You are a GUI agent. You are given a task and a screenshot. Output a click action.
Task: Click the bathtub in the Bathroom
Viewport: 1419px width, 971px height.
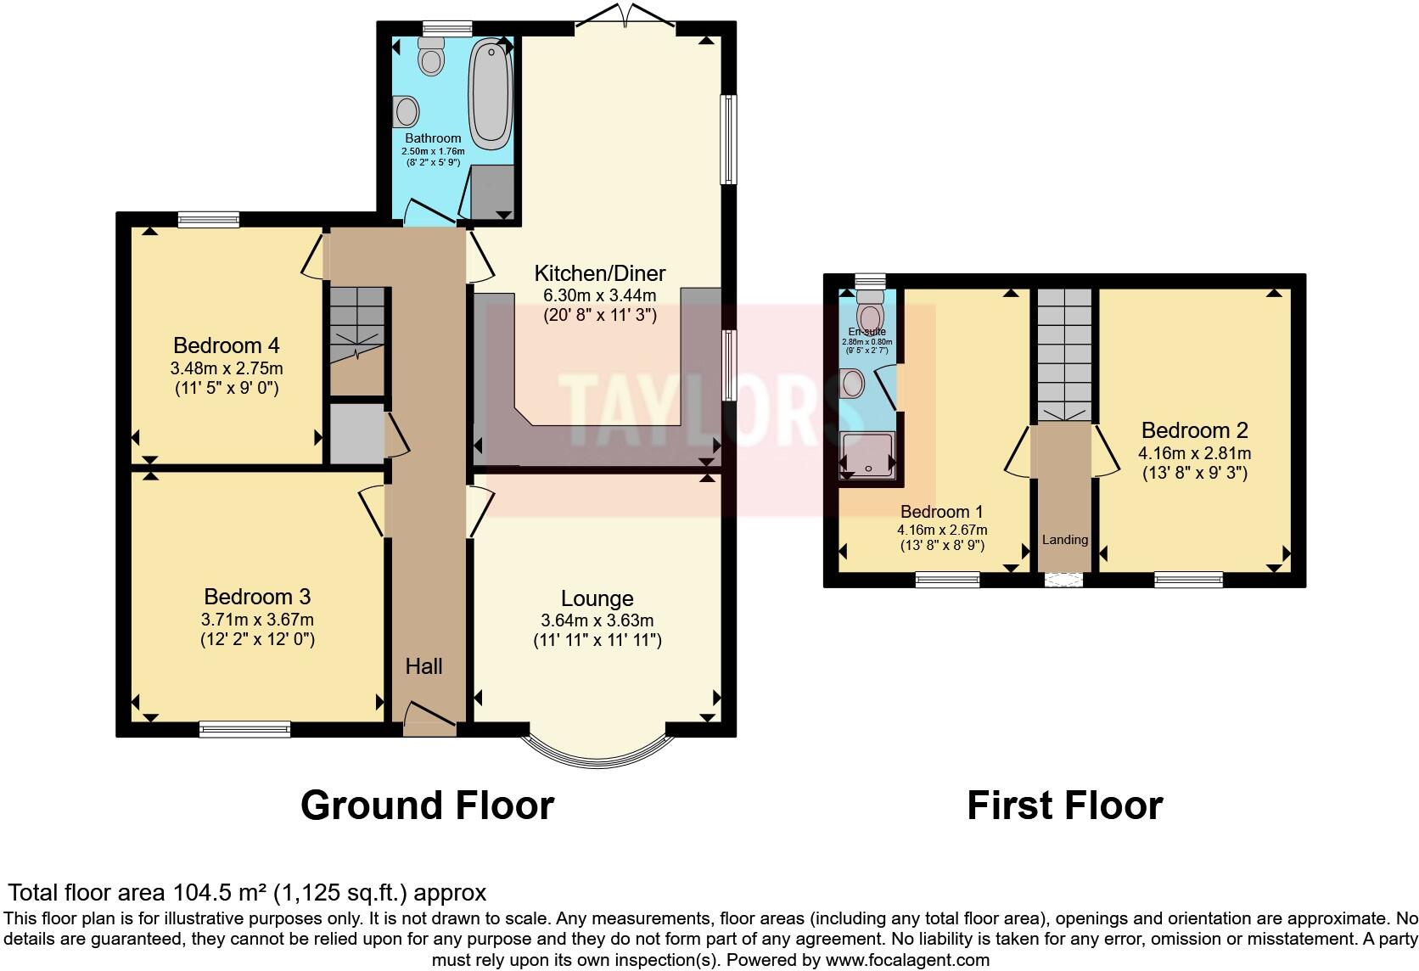click(491, 93)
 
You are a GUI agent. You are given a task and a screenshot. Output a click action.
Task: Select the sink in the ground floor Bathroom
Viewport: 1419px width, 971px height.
click(407, 111)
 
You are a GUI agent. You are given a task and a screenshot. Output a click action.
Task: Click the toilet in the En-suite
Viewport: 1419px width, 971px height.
click(870, 312)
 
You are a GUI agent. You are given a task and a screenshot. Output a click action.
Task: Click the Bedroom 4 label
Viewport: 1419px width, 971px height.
click(226, 345)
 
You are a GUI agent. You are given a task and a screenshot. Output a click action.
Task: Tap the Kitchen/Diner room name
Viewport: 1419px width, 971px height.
click(599, 273)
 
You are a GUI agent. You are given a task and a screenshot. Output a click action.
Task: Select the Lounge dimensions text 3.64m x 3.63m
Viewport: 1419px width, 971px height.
click(597, 620)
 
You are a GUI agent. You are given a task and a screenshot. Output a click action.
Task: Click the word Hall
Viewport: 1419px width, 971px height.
click(423, 666)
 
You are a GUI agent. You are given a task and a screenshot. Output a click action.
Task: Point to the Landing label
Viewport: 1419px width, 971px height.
click(1064, 540)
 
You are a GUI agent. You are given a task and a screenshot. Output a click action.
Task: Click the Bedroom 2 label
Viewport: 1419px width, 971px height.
click(1194, 430)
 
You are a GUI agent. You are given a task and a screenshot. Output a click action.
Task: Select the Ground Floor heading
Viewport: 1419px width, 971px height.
click(427, 805)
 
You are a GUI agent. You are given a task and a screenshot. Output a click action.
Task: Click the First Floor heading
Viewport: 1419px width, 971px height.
click(1064, 805)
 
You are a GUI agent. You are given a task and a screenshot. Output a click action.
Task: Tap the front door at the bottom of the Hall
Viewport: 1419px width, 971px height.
click(430, 720)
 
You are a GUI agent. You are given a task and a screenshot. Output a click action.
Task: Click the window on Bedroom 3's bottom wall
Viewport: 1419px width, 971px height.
click(244, 729)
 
